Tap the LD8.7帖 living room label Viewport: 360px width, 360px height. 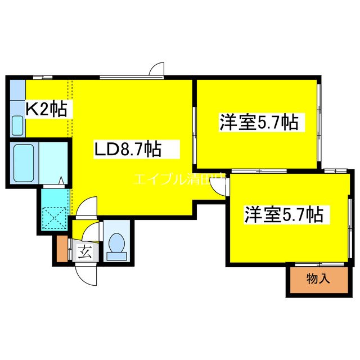pyautogui.click(x=128, y=150)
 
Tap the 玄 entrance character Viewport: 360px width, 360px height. pyautogui.click(x=84, y=251)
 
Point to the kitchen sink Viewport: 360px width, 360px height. pyautogui.click(x=17, y=125)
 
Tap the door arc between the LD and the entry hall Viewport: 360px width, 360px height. pyautogui.click(x=84, y=209)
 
